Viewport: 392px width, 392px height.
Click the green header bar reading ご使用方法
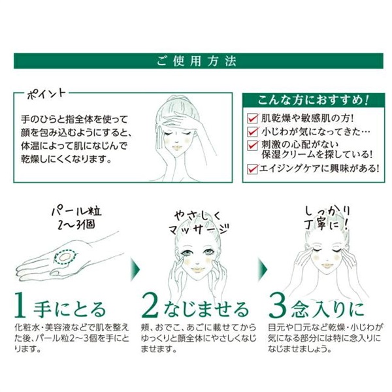coord(196,61)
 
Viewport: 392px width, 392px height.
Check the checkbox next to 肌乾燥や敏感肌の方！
coord(252,120)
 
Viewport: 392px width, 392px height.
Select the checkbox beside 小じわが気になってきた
coord(252,132)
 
